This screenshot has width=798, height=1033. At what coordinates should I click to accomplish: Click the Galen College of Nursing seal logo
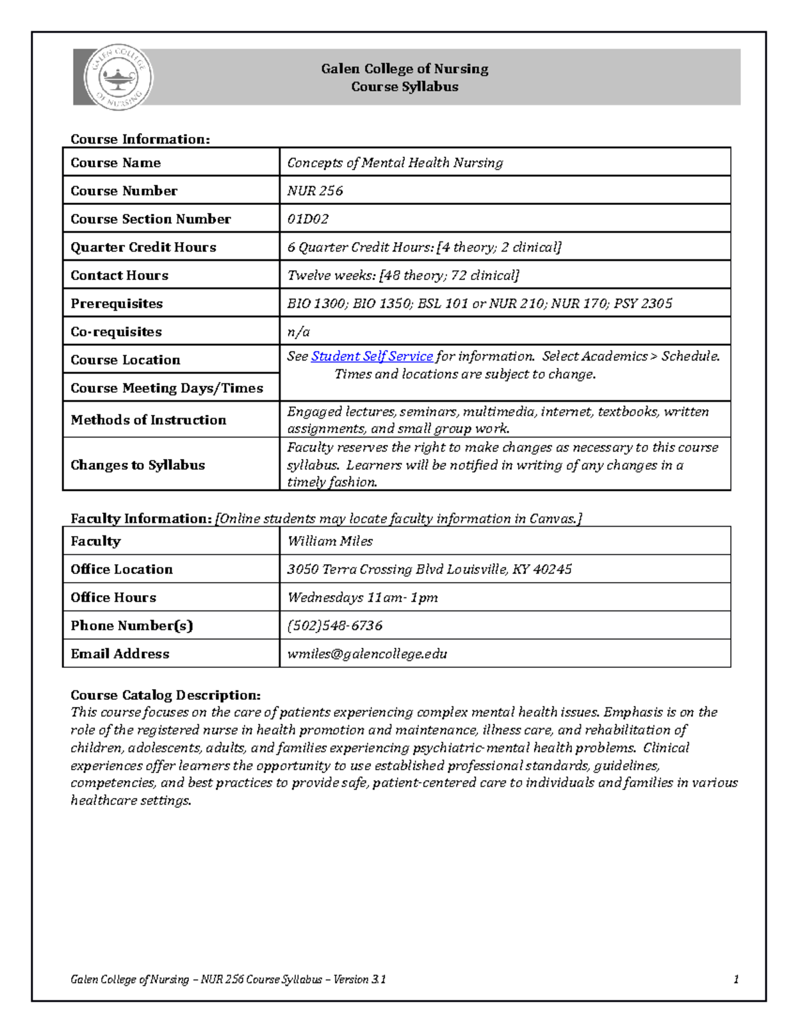[x=118, y=78]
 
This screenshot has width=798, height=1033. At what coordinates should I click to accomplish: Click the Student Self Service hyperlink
[x=372, y=357]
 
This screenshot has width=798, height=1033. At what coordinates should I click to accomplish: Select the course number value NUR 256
[x=315, y=191]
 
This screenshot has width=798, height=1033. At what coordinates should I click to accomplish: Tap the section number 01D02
[x=307, y=219]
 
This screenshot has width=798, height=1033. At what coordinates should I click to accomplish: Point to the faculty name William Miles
[x=329, y=541]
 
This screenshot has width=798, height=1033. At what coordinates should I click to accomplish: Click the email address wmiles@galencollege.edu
[x=366, y=654]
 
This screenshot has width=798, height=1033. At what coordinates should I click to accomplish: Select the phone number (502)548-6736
[x=334, y=626]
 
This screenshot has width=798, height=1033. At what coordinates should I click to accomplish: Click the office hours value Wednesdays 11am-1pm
[x=362, y=597]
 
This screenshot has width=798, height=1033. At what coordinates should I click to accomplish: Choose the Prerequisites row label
[x=116, y=303]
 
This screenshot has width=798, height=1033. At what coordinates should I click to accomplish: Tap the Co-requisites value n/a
[x=298, y=332]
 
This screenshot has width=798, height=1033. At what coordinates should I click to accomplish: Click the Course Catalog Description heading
[x=166, y=695]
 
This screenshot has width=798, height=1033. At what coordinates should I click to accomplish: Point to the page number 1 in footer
[x=735, y=979]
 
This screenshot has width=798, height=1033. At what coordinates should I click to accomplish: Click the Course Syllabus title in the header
[x=404, y=86]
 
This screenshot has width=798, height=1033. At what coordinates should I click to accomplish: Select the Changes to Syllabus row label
[x=138, y=465]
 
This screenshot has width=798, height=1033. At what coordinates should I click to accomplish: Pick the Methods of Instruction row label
[x=148, y=420]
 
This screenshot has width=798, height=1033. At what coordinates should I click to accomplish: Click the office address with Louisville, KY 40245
[x=429, y=569]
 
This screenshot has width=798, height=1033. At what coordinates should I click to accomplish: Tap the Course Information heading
[x=140, y=139]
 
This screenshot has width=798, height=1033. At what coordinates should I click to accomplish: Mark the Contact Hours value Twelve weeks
[x=402, y=275]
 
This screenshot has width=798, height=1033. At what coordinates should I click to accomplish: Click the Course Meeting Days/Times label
[x=167, y=388]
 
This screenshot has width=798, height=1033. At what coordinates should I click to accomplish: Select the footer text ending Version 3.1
[x=228, y=979]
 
